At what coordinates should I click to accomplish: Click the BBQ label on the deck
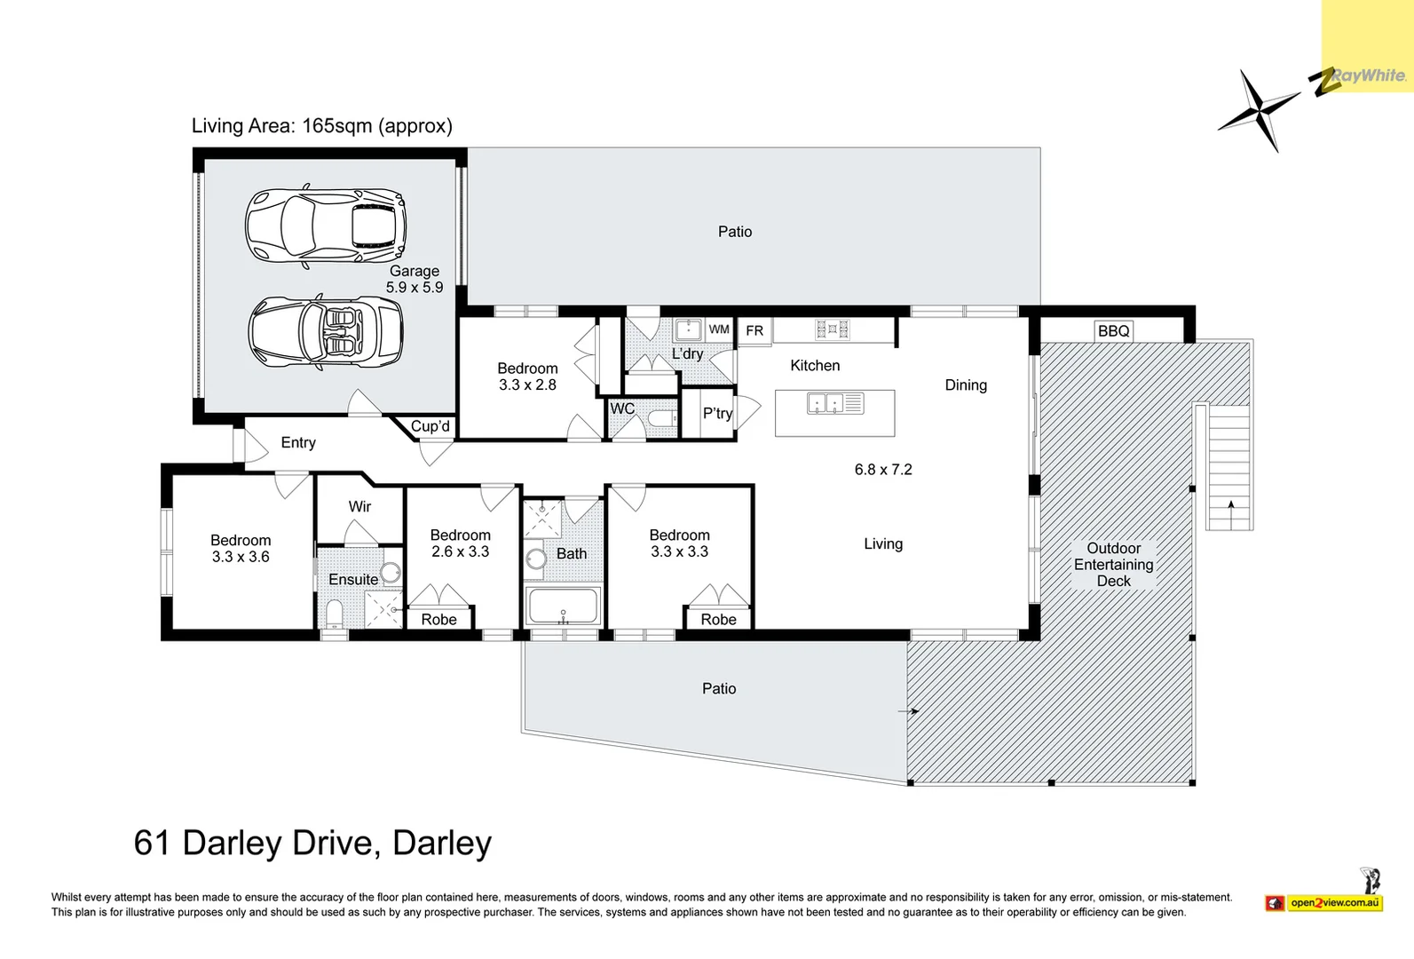pos(1113,331)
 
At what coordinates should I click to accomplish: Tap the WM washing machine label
pos(719,329)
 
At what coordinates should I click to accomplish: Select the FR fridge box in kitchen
pos(754,330)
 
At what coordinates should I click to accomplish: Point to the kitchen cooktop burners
pos(832,330)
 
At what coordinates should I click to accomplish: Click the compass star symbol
pos(1257,110)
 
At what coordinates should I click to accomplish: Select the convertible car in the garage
pos(325,333)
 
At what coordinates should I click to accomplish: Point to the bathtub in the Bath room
pos(564,606)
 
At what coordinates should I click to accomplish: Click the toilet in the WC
pos(660,418)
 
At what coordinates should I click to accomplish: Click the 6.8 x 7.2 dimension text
pos(883,470)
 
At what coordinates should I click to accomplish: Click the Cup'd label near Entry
pos(430,426)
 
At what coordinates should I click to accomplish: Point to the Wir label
pos(359,506)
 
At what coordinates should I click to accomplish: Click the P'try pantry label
pos(717,413)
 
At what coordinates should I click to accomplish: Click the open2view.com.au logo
pos(1334,903)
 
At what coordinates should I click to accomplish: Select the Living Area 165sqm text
pos(322,126)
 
